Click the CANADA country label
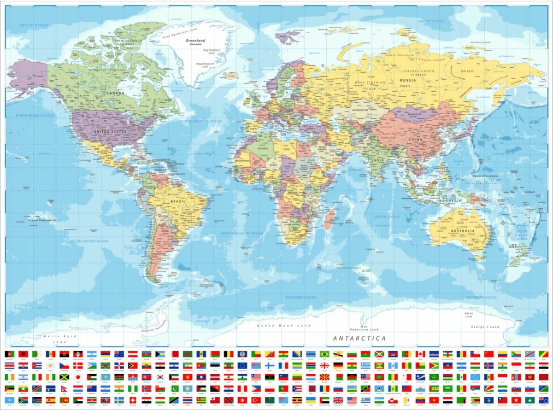point(115,93)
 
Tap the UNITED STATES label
point(109,131)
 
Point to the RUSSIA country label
point(407,80)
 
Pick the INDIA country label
point(378,160)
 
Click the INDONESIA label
point(449,201)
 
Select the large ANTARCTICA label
point(359,338)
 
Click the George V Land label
point(485,327)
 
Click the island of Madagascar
point(329,219)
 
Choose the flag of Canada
point(420,354)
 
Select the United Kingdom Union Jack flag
point(338,400)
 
